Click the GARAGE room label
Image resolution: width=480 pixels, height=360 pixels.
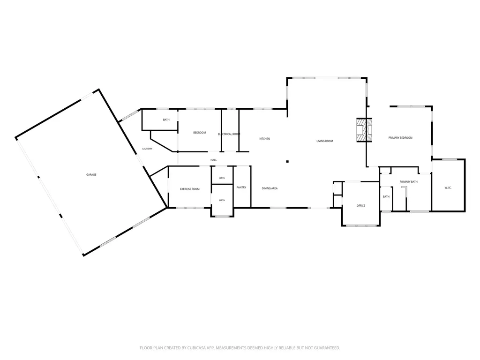(91, 175)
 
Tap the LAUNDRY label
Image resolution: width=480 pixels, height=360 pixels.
(147, 149)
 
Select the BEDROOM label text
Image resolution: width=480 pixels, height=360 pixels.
(200, 133)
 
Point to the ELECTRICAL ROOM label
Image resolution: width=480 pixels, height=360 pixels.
(229, 134)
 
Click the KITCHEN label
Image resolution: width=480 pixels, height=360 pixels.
(265, 139)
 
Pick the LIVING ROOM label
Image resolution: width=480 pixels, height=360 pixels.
(325, 141)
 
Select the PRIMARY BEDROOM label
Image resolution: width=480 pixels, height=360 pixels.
(400, 138)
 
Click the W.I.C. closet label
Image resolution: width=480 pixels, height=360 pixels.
(448, 187)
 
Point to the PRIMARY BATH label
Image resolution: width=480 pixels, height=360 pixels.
(409, 182)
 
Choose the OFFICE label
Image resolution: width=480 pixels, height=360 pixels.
(361, 206)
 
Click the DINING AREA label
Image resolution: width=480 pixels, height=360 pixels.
(270, 188)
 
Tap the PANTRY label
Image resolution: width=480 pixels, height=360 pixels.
(241, 187)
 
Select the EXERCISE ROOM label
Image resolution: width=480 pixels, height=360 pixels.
(190, 189)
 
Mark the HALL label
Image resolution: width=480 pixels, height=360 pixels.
(214, 160)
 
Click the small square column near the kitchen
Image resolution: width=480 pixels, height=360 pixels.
(287, 162)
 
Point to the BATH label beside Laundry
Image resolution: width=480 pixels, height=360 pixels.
(166, 120)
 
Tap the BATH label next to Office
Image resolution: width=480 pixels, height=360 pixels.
(386, 196)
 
